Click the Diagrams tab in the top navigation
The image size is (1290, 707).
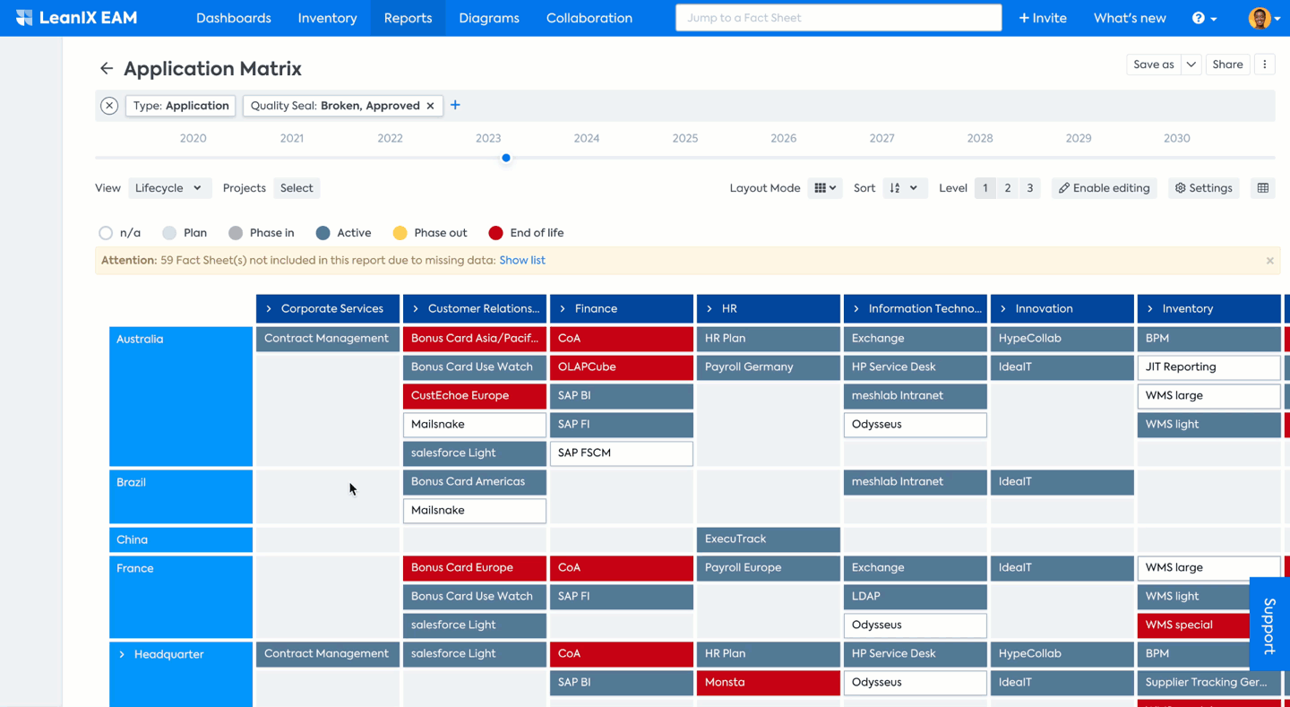click(488, 18)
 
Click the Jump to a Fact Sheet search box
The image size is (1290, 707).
click(838, 18)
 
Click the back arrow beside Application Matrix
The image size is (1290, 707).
click(107, 69)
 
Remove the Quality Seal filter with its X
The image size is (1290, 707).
click(431, 106)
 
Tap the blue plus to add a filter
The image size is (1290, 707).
click(455, 106)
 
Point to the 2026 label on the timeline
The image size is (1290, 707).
click(783, 138)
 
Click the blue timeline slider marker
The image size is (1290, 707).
click(506, 158)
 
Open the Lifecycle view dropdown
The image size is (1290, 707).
click(168, 188)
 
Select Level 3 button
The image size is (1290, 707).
click(1029, 188)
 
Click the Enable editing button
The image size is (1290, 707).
click(1104, 188)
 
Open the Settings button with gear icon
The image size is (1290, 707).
click(1203, 188)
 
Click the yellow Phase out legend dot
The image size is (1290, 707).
click(400, 233)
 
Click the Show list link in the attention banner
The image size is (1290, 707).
click(522, 261)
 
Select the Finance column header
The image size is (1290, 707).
click(621, 308)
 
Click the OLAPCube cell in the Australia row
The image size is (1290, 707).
click(621, 367)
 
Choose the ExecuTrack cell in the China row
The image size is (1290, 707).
click(768, 539)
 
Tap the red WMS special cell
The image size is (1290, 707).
click(1191, 625)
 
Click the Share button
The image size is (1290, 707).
click(1227, 65)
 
